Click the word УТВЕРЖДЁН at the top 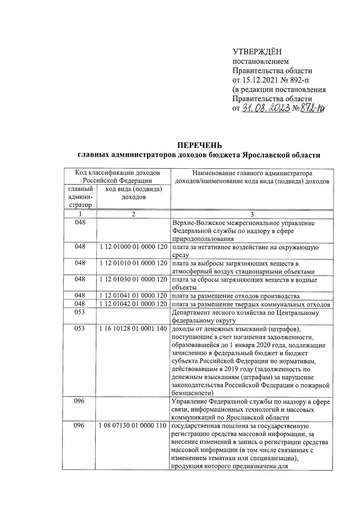pos(257,52)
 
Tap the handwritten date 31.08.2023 pos(266,108)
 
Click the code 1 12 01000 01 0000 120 pos(133,247)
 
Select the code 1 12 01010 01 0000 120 pos(133,263)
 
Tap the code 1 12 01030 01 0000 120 pos(133,279)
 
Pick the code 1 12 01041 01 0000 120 pos(133,295)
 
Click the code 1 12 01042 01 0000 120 pos(133,304)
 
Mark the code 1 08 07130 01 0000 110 pos(133,425)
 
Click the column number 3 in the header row pos(252,214)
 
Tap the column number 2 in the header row pos(133,214)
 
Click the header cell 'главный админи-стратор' pos(80,197)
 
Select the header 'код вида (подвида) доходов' pos(133,193)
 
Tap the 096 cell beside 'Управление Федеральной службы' pos(79,401)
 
